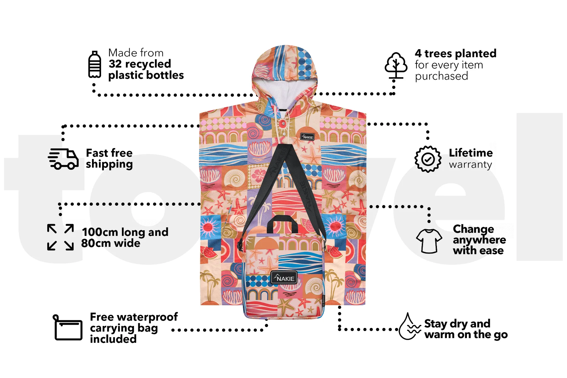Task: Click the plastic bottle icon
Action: [94, 64]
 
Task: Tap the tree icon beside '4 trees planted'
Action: [396, 66]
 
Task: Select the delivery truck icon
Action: [63, 159]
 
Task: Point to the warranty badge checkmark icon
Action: [428, 159]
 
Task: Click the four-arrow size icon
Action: [60, 237]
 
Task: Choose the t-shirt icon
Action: [429, 241]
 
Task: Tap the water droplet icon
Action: [409, 326]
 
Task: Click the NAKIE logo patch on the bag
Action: [284, 278]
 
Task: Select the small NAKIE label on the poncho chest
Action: [307, 137]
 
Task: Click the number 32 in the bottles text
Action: [115, 64]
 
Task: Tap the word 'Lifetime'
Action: [471, 153]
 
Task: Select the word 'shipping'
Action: [109, 164]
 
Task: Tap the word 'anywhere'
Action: [479, 240]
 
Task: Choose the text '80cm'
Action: [96, 243]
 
